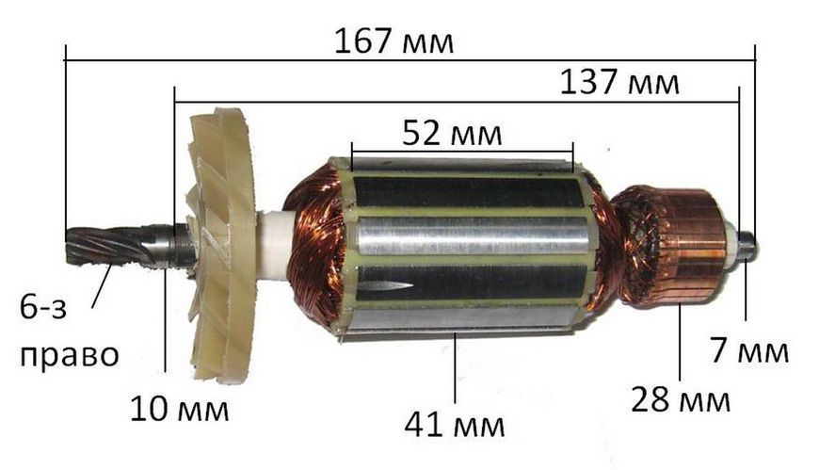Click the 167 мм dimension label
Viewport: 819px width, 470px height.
393,41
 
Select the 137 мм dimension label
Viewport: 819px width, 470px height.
619,82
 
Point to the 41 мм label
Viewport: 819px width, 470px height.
455,424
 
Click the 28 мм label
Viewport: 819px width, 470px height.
680,399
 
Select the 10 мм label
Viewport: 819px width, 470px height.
179,409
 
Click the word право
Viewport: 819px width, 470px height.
70,356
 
